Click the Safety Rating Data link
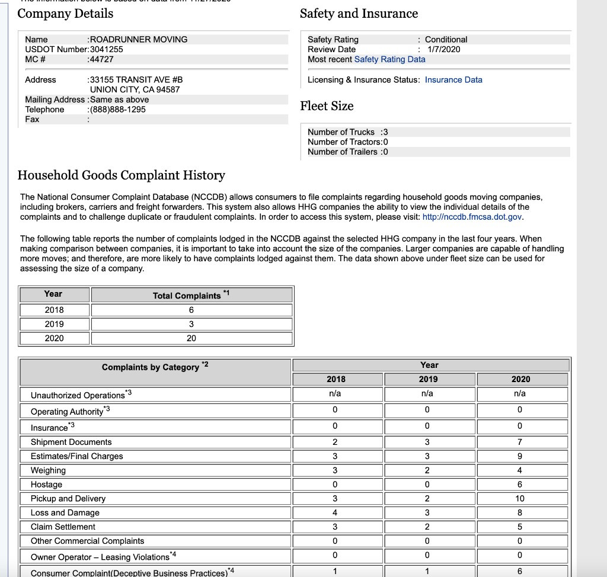[389, 59]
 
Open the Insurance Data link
[453, 80]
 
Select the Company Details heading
[65, 14]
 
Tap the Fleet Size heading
[327, 106]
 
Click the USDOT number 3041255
[106, 49]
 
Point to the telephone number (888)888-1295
[117, 110]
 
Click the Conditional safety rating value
[446, 39]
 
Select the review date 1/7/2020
[443, 49]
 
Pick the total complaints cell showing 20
[191, 338]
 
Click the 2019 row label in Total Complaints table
[54, 324]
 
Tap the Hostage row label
[46, 485]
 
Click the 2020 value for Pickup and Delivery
[520, 499]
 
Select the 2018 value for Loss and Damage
[335, 513]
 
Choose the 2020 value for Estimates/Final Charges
[520, 456]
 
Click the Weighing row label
[49, 470]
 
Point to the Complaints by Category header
[151, 367]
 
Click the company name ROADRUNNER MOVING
[138, 39]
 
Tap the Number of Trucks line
[347, 132]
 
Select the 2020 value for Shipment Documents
[520, 442]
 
